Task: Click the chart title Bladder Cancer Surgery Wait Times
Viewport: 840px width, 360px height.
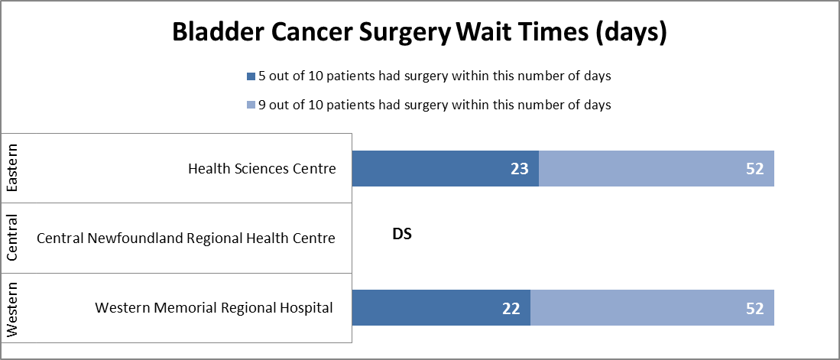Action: click(420, 33)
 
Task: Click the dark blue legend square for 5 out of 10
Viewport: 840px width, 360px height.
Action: click(250, 76)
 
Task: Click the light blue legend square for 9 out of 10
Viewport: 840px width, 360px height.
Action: click(250, 105)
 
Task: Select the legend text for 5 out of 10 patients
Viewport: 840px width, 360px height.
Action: click(433, 76)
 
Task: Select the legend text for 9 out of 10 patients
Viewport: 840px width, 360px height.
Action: click(433, 105)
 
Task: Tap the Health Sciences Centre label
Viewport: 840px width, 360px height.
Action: click(262, 169)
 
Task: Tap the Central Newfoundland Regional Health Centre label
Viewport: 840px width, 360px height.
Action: click(186, 238)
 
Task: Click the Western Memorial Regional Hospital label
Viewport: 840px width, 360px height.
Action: click(214, 308)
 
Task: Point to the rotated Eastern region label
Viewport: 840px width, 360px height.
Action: click(12, 168)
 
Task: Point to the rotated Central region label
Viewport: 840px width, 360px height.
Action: click(12, 238)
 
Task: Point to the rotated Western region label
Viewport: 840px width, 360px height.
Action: click(12, 309)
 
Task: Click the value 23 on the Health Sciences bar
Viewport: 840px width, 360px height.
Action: click(521, 169)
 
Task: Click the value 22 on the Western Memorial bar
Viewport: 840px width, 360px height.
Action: click(512, 309)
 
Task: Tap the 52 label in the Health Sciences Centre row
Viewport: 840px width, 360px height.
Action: click(755, 169)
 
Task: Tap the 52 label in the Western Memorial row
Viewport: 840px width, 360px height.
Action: click(755, 309)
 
